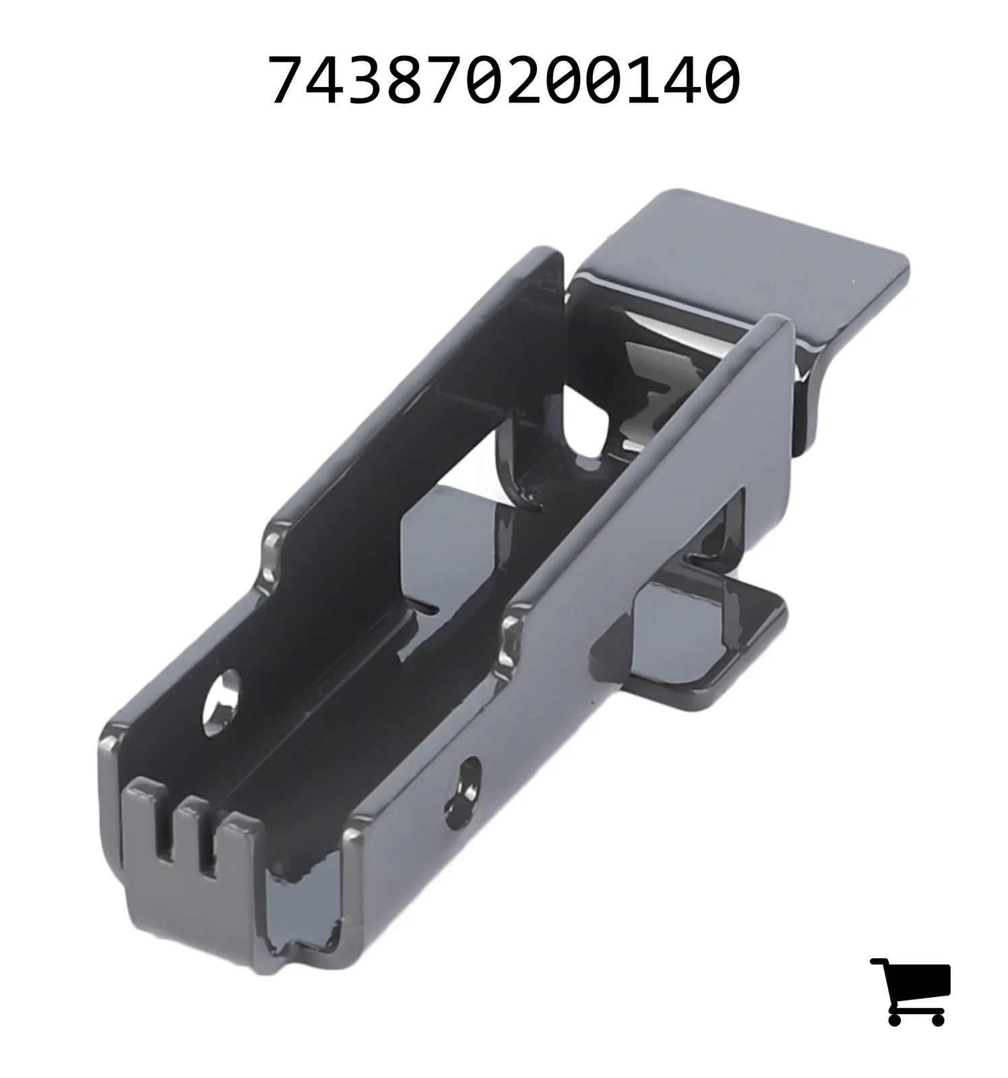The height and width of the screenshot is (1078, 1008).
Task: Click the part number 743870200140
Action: [x=504, y=80]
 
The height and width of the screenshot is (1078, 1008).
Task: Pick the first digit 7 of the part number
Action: [x=286, y=80]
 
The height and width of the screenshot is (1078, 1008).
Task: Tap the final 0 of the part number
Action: [x=722, y=80]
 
